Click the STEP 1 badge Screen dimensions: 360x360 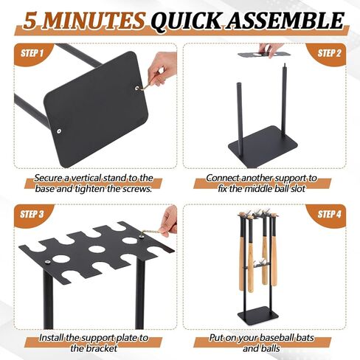(32, 53)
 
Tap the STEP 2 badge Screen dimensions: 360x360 (328, 53)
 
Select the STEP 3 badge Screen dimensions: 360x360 (32, 215)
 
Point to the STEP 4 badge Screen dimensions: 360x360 (328, 215)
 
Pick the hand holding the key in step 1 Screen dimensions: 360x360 (157, 72)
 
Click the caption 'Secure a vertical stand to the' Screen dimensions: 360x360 (93, 178)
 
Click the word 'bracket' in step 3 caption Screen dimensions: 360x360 (102, 348)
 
